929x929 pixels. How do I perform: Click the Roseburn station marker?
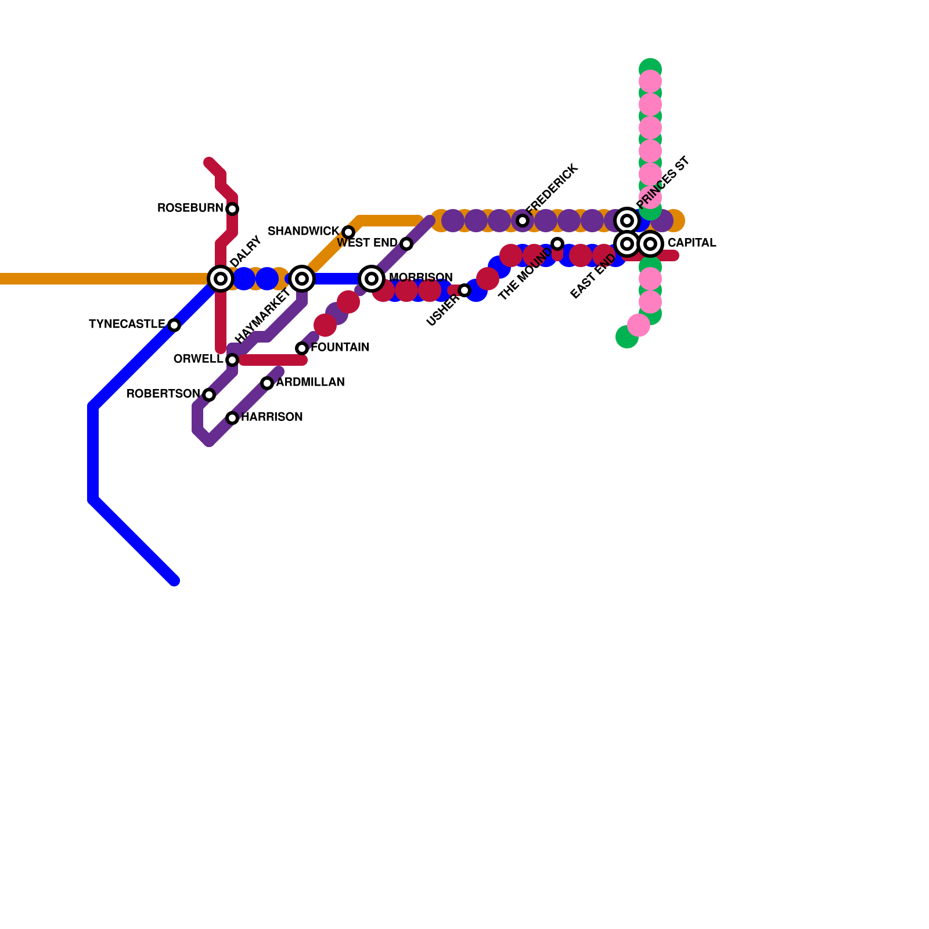(x=232, y=209)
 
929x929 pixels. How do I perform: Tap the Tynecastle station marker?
(x=174, y=325)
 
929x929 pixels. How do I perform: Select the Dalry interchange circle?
(x=221, y=279)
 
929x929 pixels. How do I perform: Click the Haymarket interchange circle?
(x=302, y=279)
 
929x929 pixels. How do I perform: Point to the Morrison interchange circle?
(x=372, y=279)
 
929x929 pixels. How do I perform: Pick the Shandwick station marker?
(x=348, y=232)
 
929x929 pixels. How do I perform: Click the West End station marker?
(x=406, y=244)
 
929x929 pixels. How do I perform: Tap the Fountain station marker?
(x=302, y=348)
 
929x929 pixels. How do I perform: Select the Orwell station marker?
(x=232, y=360)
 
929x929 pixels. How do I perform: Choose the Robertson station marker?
(x=209, y=395)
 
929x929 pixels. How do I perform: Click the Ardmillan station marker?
(x=267, y=383)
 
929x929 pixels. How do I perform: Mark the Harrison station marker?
(x=232, y=418)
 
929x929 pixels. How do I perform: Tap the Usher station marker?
(x=464, y=290)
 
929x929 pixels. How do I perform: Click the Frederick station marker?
(x=523, y=221)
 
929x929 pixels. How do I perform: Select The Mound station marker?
(x=557, y=244)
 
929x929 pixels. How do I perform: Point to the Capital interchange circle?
(x=650, y=244)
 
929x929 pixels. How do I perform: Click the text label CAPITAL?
(x=692, y=243)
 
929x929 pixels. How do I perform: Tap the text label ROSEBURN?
(x=190, y=208)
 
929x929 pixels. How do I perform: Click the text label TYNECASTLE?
(x=127, y=325)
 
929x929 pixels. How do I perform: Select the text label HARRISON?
(x=272, y=417)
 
